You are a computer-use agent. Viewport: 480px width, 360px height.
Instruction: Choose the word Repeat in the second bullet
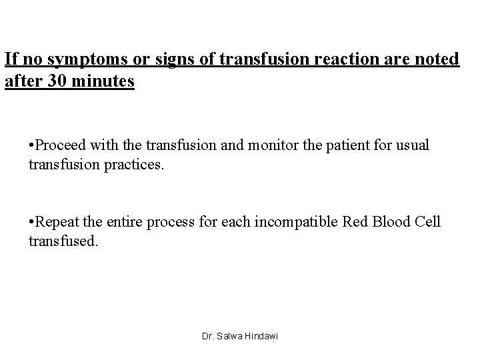[58, 222]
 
